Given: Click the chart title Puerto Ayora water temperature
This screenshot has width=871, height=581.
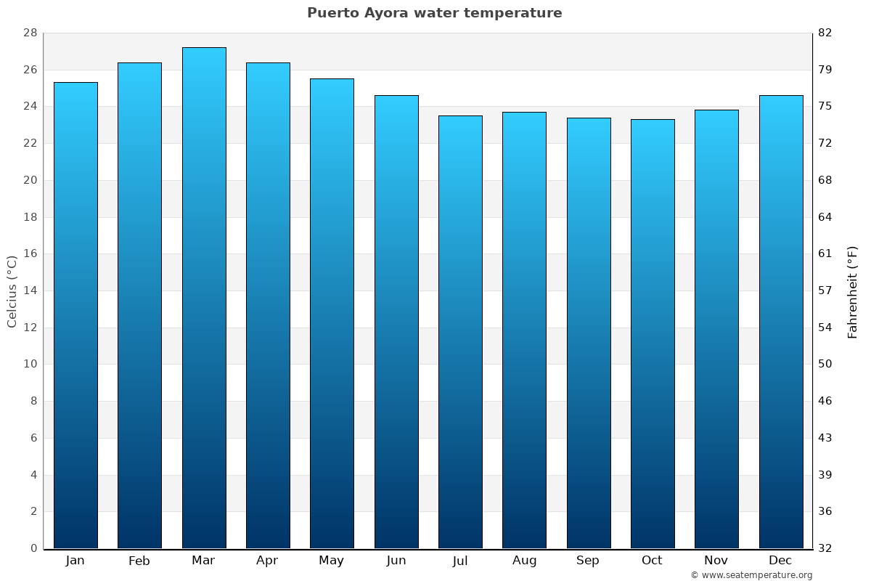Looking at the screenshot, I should [x=434, y=13].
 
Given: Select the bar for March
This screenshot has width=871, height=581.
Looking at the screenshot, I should [x=204, y=298].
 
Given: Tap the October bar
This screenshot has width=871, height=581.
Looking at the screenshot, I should [x=653, y=334].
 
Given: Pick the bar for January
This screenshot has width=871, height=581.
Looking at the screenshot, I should [x=75, y=316].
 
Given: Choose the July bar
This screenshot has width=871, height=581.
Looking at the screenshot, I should [x=460, y=332].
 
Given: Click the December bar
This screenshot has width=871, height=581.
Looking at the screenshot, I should [x=781, y=322].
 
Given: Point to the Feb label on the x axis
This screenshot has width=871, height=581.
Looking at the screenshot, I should [x=139, y=561].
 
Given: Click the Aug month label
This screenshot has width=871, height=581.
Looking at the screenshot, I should [x=524, y=561].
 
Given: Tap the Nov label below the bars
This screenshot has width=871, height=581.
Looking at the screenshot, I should [x=716, y=561].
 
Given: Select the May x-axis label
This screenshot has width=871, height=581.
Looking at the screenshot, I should [x=331, y=561].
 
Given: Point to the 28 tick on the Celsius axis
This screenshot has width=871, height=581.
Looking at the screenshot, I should [x=30, y=33].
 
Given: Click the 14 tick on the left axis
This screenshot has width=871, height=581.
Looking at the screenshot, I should [x=30, y=290].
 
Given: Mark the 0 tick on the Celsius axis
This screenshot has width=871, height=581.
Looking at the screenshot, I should [x=33, y=548].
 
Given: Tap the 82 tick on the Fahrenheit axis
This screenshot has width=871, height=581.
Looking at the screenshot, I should [x=825, y=33].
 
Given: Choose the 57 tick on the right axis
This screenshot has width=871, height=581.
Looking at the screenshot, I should [x=825, y=290].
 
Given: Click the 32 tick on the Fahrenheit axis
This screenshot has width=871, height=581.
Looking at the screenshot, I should [x=825, y=548].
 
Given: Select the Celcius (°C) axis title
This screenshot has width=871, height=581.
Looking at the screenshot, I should [x=12, y=291].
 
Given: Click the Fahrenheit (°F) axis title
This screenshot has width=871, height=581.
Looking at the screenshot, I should [x=853, y=291].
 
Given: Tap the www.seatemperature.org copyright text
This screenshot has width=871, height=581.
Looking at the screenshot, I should [x=751, y=575].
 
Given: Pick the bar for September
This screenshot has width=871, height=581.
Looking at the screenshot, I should [x=589, y=333].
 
